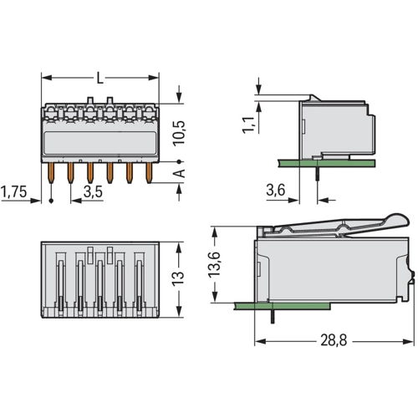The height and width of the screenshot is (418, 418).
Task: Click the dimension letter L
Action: coord(99,78)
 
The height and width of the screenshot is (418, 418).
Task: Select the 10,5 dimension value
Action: coord(179,133)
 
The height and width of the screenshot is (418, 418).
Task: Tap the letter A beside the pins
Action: coord(179,173)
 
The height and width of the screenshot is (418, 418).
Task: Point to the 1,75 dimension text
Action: coord(14,191)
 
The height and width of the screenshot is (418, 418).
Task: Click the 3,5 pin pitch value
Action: coord(93,191)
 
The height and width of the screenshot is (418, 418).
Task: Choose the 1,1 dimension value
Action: coord(248,125)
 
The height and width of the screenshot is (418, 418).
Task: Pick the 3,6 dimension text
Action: coord(275,191)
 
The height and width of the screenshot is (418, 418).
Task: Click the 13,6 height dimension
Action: coord(214,264)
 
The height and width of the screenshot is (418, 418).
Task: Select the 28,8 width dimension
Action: coord(334,340)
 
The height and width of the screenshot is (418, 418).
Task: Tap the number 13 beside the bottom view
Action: coord(178,278)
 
